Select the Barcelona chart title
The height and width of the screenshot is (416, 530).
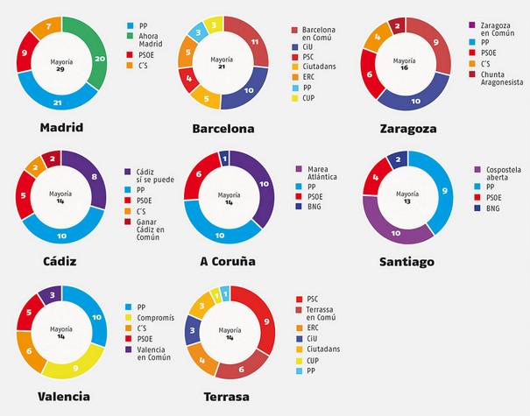[x=223, y=129]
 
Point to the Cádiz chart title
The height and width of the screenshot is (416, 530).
[x=62, y=261]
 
